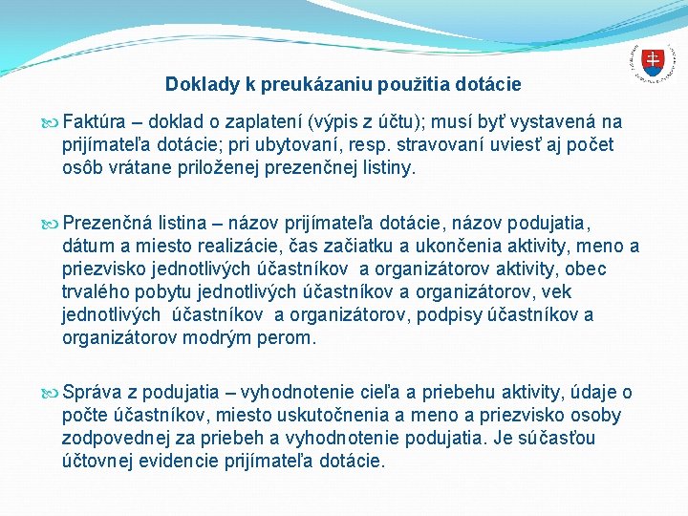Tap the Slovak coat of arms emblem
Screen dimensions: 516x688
[652, 63]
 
